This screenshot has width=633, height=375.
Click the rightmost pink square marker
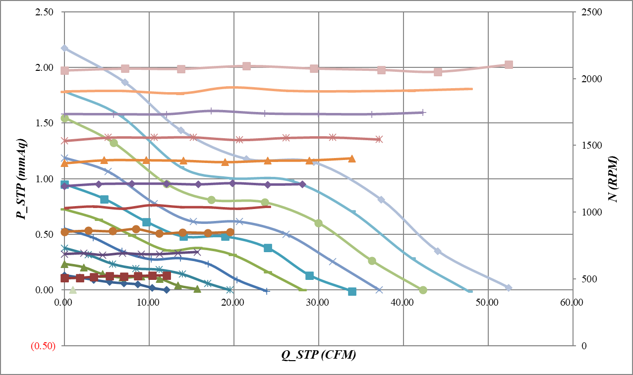(x=508, y=65)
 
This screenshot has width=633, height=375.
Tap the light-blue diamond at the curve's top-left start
(x=64, y=48)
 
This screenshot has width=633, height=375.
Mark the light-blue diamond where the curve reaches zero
(x=508, y=288)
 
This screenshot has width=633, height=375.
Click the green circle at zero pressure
(x=423, y=290)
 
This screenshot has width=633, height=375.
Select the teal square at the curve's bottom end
(x=352, y=292)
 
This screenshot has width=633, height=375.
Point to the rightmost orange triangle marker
(x=352, y=159)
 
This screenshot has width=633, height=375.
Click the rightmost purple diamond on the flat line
(x=302, y=184)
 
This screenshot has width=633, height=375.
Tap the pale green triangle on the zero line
(x=73, y=290)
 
